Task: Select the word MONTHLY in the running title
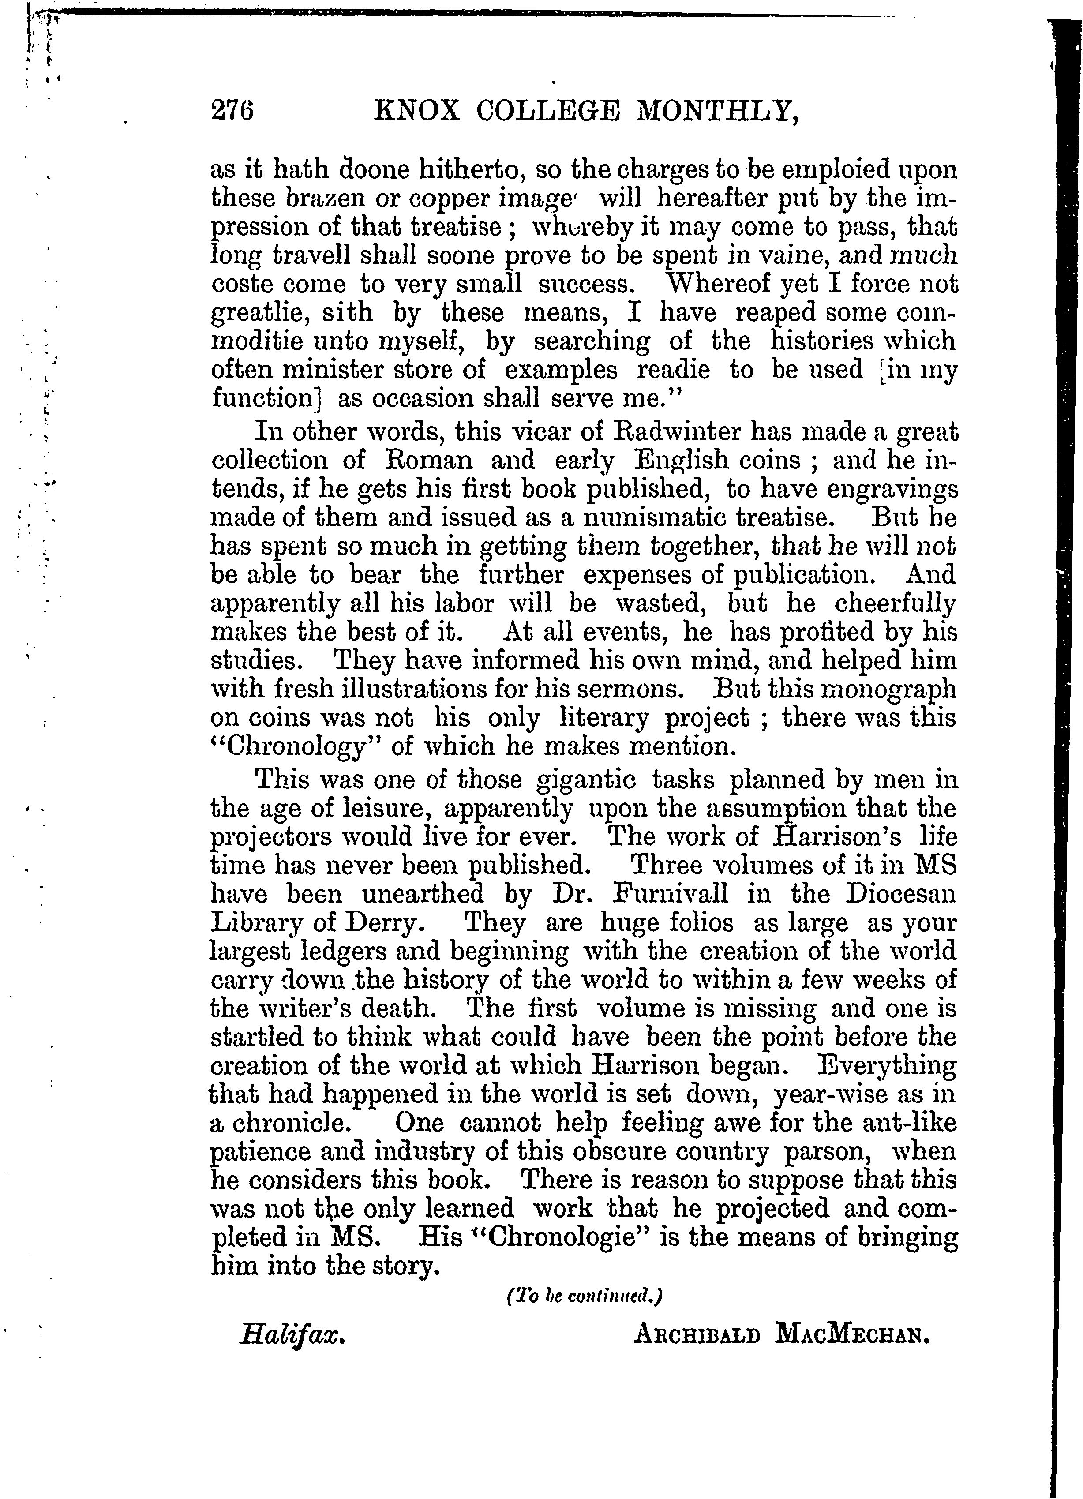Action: point(716,112)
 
